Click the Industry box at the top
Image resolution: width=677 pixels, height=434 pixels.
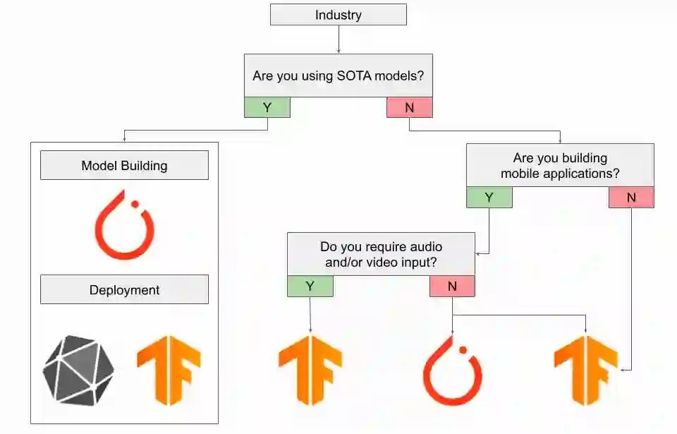[338, 15]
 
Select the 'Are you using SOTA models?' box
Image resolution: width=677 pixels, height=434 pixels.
[338, 76]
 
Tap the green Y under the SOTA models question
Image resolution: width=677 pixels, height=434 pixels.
[267, 107]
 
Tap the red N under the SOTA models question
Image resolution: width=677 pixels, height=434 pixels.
[409, 107]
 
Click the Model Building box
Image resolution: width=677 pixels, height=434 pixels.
[124, 166]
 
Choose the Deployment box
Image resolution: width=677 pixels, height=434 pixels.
[124, 289]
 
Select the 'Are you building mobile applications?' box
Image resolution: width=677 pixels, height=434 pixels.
[560, 166]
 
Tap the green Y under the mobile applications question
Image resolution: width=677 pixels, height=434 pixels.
[489, 198]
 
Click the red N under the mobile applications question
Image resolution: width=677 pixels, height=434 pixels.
[631, 198]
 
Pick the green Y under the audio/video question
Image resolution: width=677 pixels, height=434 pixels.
[310, 286]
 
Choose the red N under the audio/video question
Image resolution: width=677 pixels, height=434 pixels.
[452, 286]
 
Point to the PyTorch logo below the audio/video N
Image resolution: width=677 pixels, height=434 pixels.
[453, 370]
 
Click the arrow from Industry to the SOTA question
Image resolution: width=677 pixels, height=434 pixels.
[338, 40]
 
